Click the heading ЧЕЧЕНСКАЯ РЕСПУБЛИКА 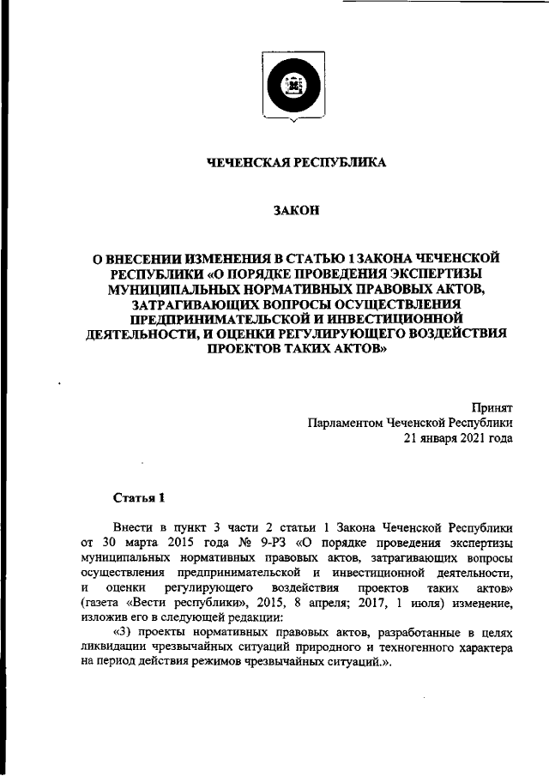pos(295,163)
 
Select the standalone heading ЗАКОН pos(295,210)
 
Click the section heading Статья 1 pos(138,497)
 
